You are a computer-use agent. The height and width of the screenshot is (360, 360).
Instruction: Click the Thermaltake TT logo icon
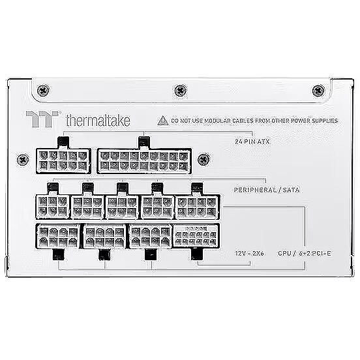pos(42,119)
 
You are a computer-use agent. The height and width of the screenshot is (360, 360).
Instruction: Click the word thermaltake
pos(98,120)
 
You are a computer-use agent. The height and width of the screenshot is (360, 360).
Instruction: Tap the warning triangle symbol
pos(163,121)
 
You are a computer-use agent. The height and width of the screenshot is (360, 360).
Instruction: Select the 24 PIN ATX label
pos(252,142)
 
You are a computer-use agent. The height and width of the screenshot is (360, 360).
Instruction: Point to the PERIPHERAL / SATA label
pos(267,190)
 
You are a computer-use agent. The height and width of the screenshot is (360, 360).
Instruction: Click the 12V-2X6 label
pos(249,254)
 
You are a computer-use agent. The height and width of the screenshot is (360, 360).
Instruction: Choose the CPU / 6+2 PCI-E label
pos(305,254)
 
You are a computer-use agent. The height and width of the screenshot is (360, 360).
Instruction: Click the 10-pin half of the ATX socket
pos(63,160)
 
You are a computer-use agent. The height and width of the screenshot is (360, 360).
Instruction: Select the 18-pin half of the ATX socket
pos(144,160)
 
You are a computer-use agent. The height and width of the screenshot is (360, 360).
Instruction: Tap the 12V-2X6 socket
pos(196,236)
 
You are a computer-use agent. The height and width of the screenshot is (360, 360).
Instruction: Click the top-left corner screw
pos(43,91)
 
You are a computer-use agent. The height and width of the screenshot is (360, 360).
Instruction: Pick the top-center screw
pos(181,91)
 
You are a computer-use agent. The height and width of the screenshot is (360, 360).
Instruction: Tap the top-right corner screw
pos(318,91)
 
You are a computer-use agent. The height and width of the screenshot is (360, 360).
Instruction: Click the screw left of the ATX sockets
pos(23,159)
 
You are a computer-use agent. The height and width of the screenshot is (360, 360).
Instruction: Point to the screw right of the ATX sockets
pos(203,159)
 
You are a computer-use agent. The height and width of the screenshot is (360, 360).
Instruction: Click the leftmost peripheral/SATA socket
pos(53,207)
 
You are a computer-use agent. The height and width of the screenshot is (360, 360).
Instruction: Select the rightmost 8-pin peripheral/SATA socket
pos(198,207)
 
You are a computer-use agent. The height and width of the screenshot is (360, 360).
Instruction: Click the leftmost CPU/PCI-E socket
pos(58,236)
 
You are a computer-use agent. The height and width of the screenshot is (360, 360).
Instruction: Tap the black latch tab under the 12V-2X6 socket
pos(197,254)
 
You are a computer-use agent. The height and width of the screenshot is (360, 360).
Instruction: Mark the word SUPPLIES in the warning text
pos(325,121)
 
